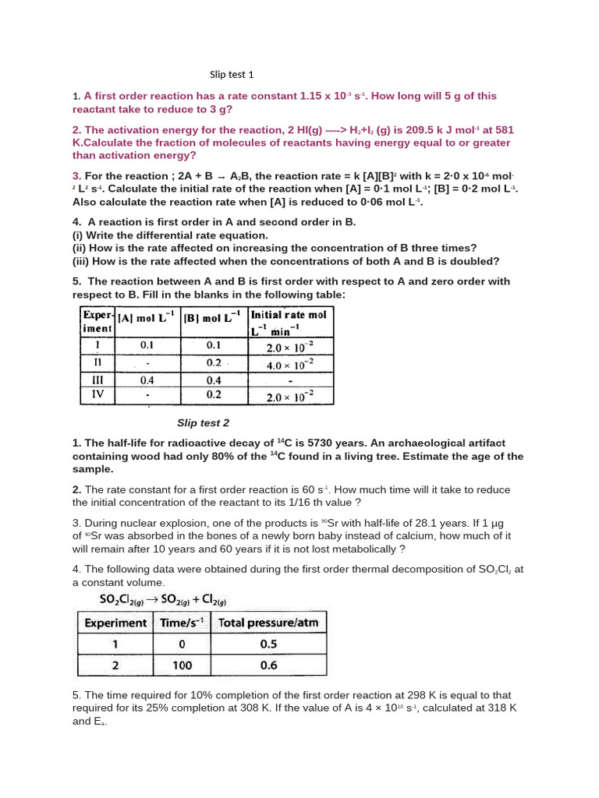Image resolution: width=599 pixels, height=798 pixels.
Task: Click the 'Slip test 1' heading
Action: click(x=232, y=75)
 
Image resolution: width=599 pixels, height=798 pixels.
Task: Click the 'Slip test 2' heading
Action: click(x=203, y=423)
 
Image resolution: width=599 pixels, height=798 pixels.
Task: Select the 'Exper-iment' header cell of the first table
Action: click(x=97, y=322)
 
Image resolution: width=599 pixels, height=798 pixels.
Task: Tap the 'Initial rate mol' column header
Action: click(x=288, y=315)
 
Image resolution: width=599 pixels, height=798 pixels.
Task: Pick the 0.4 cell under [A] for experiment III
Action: click(x=147, y=380)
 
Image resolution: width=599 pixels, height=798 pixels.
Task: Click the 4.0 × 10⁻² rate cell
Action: click(x=290, y=364)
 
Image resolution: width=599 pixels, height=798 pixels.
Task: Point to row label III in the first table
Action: click(x=98, y=380)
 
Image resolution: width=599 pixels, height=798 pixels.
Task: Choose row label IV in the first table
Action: click(x=98, y=395)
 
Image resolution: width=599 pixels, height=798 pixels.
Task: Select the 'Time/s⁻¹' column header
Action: click(x=182, y=623)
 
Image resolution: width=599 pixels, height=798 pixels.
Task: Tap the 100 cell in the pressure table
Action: click(x=181, y=666)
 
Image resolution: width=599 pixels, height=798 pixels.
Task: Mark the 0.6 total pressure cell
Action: click(x=268, y=666)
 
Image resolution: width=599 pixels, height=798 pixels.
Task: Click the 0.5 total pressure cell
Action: click(x=268, y=644)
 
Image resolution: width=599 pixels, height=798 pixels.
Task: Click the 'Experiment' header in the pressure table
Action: click(x=115, y=623)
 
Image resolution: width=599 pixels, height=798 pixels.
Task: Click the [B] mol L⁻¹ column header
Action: click(x=213, y=319)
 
